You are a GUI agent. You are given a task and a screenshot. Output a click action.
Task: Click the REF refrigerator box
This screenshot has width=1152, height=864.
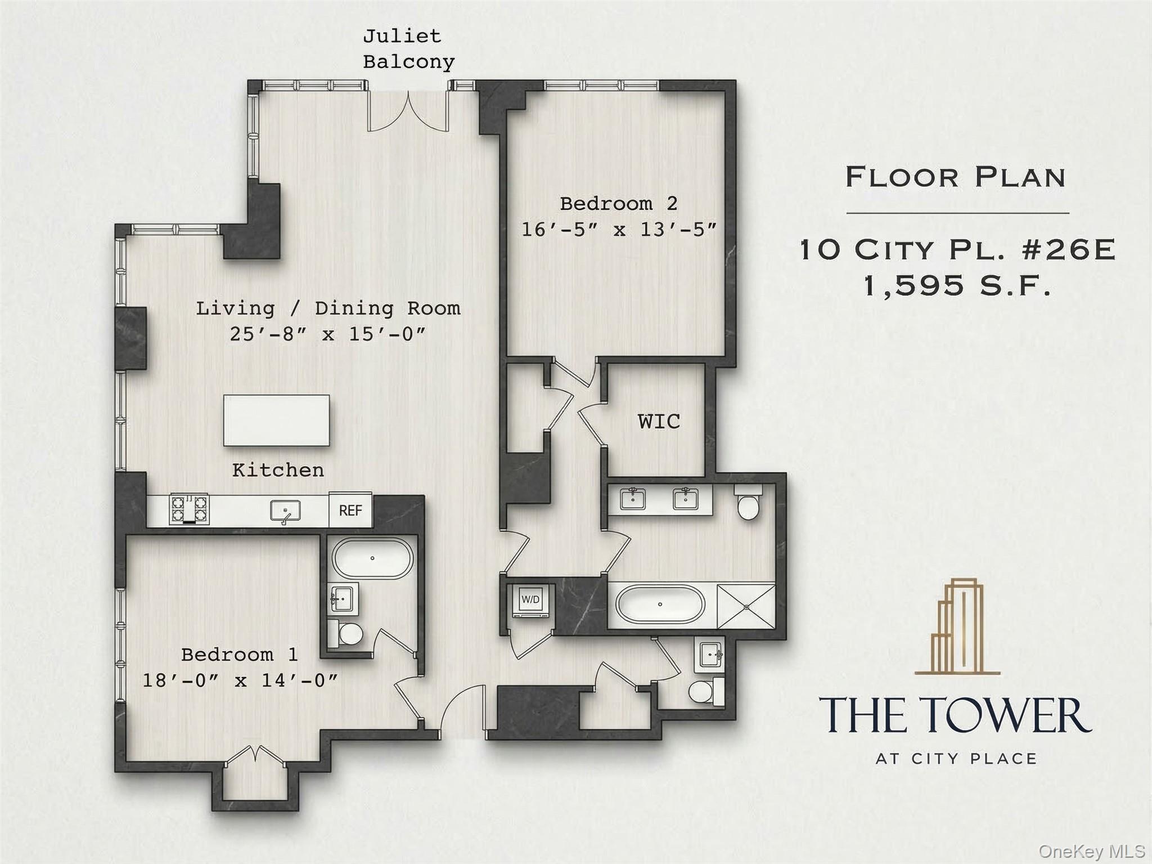click(350, 511)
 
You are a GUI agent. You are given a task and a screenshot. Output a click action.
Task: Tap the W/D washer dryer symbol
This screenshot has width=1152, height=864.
click(530, 600)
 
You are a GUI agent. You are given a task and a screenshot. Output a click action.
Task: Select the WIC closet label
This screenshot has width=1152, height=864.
click(659, 422)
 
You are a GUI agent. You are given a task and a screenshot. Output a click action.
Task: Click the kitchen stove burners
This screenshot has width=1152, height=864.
click(189, 508)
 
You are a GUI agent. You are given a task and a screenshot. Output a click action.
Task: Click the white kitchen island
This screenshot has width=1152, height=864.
click(276, 420)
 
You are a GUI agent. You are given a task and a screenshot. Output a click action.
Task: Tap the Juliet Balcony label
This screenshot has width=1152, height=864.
click(408, 49)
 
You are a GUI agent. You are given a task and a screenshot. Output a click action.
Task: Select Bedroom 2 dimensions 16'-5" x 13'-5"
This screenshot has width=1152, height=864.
click(619, 230)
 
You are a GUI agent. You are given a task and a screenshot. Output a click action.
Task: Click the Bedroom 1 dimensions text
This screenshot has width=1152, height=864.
click(240, 681)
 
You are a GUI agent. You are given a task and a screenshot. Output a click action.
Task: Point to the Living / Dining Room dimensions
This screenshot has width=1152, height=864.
click(328, 334)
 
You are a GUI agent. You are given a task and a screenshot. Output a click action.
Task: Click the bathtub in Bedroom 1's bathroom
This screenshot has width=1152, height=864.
click(372, 558)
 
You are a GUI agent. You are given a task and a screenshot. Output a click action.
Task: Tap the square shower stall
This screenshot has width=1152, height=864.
click(746, 606)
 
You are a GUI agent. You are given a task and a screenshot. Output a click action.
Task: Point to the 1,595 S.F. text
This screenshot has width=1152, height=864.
click(956, 285)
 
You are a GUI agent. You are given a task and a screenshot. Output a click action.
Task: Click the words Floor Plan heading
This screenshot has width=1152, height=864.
click(956, 177)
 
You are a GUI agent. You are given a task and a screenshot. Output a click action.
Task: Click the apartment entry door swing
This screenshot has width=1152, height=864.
click(462, 710)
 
